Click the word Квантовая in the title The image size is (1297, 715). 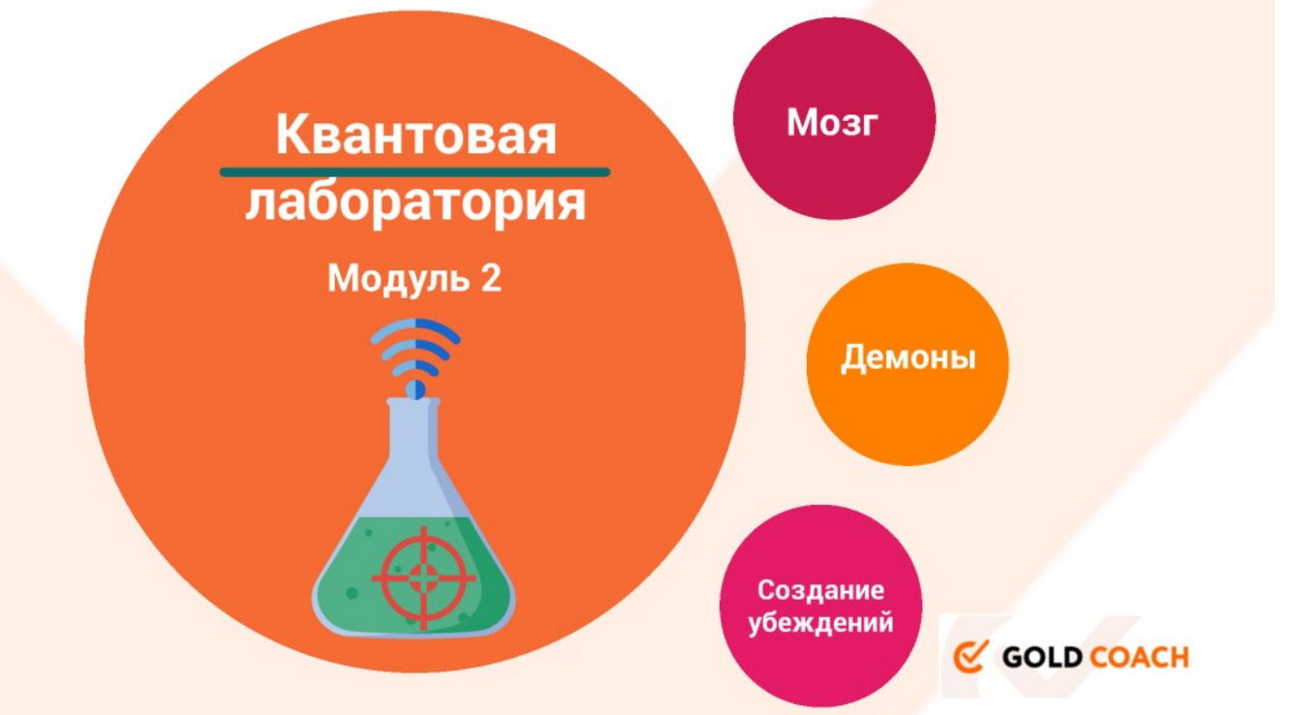click(x=416, y=135)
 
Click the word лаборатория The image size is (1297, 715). click(x=416, y=203)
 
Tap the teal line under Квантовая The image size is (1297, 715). click(x=415, y=171)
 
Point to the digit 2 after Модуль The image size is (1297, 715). click(x=490, y=278)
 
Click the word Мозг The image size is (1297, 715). click(x=832, y=123)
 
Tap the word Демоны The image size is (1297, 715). click(x=908, y=357)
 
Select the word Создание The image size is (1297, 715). click(x=820, y=591)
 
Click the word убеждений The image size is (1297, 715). click(x=820, y=623)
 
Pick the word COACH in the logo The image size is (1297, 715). click(x=1139, y=658)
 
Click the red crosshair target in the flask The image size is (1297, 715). click(x=423, y=577)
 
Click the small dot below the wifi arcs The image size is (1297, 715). click(x=416, y=389)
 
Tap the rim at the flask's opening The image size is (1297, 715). click(x=414, y=401)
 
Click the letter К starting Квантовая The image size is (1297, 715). click(x=293, y=134)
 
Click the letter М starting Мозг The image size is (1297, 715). click(x=802, y=123)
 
